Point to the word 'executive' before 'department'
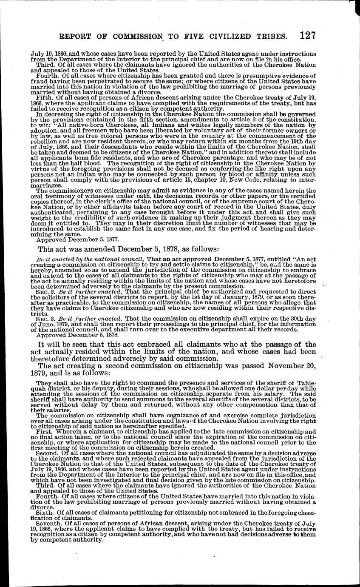click(226, 331)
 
